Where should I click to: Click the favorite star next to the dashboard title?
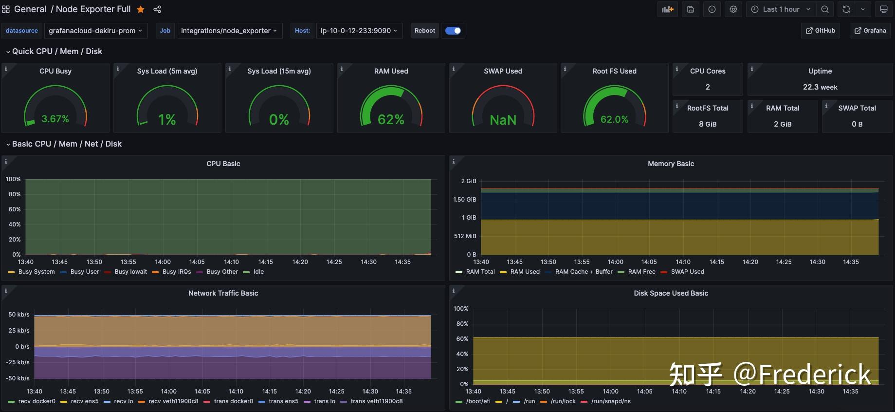pos(141,9)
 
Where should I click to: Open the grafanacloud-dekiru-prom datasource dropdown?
pos(95,31)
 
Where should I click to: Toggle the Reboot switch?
pos(453,31)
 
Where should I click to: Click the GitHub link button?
pos(821,31)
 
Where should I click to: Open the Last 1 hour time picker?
pos(781,9)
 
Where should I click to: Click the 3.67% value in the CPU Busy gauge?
pos(55,119)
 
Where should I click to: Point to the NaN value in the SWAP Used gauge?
pos(503,120)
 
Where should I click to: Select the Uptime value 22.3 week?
pos(820,87)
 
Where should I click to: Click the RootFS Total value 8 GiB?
pos(707,124)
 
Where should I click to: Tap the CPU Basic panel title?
pos(223,164)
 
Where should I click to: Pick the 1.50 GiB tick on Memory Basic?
pos(464,200)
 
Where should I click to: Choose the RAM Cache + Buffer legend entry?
pos(584,272)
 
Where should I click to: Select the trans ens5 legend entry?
pos(283,401)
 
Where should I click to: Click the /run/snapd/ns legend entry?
pos(610,401)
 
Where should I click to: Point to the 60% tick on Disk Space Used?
pos(462,339)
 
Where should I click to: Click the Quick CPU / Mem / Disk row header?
pos(57,51)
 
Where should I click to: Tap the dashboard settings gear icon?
pos(733,9)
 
